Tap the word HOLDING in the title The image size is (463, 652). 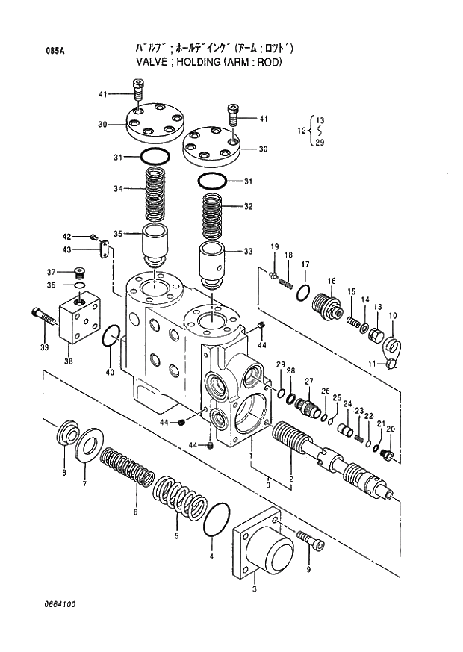[x=190, y=63]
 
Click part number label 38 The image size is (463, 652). [x=68, y=361]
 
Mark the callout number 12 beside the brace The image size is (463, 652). [x=302, y=131]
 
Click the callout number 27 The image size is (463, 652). [x=308, y=380]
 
